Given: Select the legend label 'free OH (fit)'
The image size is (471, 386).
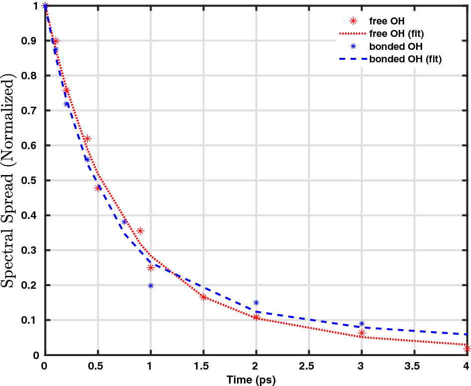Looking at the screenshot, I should (x=397, y=34).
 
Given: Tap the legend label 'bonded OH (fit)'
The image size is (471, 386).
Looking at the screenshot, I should (x=405, y=59).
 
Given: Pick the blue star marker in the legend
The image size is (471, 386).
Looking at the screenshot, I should (x=354, y=46).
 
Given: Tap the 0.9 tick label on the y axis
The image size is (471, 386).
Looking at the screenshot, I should (x=32, y=41).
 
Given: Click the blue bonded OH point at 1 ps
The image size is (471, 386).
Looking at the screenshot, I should (x=151, y=286).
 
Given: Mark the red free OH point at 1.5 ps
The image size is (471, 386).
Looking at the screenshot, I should (x=204, y=297).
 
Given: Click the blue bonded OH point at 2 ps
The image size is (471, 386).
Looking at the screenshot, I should (x=256, y=303).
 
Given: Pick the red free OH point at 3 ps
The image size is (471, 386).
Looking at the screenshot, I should (x=362, y=333).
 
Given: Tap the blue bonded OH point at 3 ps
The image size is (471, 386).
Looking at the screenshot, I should (x=362, y=324).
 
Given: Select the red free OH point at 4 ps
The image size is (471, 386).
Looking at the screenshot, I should (x=467, y=349).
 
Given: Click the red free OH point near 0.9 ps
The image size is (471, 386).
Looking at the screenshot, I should (x=140, y=231).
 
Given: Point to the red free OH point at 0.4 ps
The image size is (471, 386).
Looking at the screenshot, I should (x=87, y=139).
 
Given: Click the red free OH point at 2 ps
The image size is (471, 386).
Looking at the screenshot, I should (x=256, y=317).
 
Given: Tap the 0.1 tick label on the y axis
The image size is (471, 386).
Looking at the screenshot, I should (x=32, y=320).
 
